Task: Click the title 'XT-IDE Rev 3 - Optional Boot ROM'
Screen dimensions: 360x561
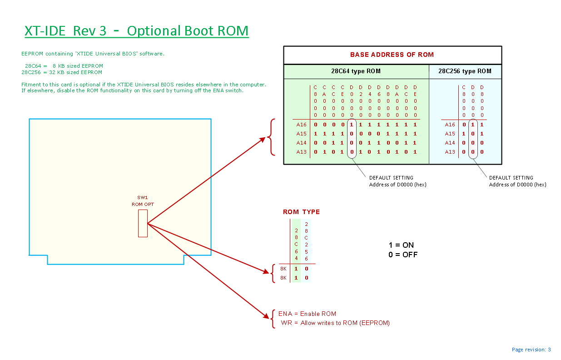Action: [137, 31]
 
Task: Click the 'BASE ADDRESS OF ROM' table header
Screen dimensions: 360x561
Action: [392, 55]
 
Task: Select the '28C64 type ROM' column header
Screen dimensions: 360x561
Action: [356, 71]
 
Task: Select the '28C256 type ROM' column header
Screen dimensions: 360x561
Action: [465, 71]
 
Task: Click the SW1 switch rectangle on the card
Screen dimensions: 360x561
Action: [143, 223]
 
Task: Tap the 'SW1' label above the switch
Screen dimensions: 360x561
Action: [143, 198]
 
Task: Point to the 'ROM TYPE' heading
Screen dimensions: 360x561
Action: [301, 212]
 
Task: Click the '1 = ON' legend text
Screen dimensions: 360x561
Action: [401, 245]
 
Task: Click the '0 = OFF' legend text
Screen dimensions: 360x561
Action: [402, 255]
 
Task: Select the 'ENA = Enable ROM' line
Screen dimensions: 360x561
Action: [307, 314]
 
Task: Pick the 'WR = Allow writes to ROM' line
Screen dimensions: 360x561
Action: [335, 323]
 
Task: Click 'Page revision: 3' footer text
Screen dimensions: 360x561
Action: [531, 350]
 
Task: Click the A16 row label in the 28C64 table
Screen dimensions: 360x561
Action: [302, 125]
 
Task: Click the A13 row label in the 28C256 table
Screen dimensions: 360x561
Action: [450, 152]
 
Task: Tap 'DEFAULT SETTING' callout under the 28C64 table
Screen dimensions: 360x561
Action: [391, 178]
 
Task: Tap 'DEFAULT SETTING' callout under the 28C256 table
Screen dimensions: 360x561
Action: [511, 178]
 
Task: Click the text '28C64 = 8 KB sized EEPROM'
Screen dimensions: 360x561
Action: [64, 66]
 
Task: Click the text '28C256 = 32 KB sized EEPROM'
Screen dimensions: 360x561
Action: [62, 72]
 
